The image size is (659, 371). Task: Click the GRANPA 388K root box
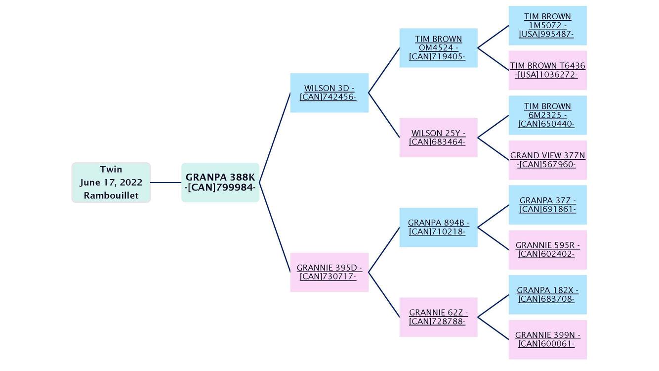click(220, 182)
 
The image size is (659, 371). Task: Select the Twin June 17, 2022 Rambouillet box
click(111, 182)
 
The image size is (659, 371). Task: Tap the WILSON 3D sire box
click(329, 93)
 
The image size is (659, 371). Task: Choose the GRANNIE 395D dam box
click(329, 272)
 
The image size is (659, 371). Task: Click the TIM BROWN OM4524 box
click(438, 47)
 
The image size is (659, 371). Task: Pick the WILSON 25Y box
click(438, 138)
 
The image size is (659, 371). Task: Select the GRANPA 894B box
click(438, 227)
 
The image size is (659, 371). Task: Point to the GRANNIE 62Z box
click(438, 317)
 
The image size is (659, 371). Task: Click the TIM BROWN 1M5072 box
click(547, 25)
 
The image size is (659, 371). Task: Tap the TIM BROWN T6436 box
click(547, 70)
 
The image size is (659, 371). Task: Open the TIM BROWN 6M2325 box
click(547, 115)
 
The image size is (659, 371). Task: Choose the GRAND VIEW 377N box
click(547, 160)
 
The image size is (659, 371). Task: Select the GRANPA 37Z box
click(547, 205)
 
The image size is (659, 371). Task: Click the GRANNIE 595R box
click(547, 249)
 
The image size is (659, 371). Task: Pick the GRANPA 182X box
click(547, 294)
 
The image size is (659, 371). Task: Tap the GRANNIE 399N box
click(547, 339)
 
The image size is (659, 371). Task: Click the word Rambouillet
click(111, 195)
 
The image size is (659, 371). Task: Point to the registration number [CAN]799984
click(220, 188)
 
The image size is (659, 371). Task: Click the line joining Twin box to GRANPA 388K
click(166, 183)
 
